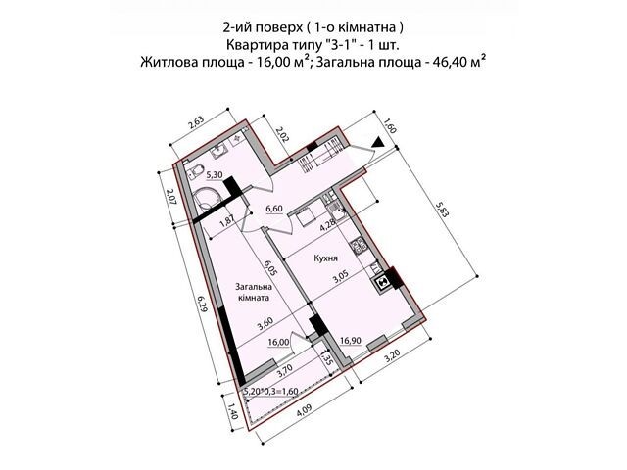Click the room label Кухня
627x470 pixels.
click(x=326, y=258)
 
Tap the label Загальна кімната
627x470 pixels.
click(x=254, y=292)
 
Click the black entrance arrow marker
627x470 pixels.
click(x=379, y=143)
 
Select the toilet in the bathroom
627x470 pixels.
click(x=196, y=172)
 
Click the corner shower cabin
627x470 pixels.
click(x=207, y=198)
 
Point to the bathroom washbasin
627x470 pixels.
click(x=218, y=152)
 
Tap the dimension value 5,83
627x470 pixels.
click(x=444, y=209)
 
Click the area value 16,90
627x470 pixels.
click(x=351, y=341)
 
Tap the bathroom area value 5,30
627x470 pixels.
click(x=215, y=174)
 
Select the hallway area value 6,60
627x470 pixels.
click(x=274, y=209)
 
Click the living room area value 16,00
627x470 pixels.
click(x=278, y=342)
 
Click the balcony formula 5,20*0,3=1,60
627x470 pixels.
click(x=271, y=392)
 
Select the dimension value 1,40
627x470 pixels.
click(x=232, y=411)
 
